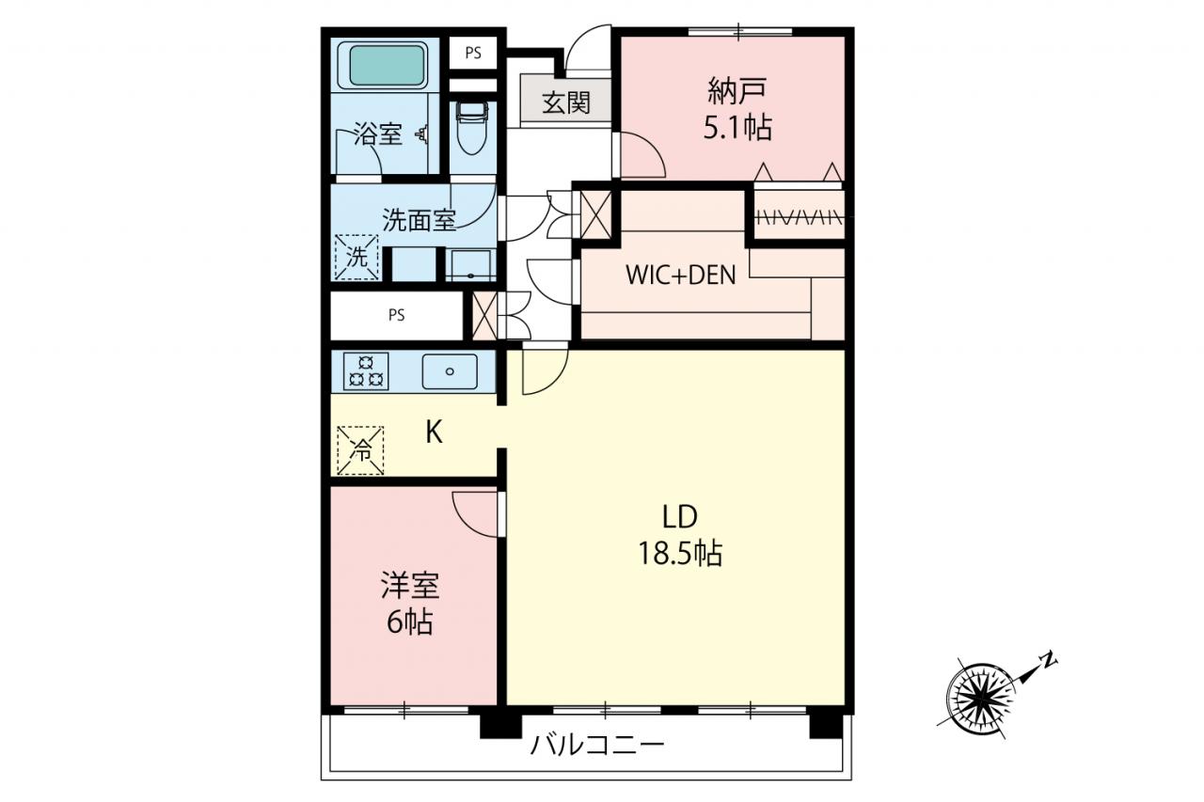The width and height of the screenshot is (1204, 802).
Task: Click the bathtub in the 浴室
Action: coord(387,66)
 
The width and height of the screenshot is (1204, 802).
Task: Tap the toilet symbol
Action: coord(472,128)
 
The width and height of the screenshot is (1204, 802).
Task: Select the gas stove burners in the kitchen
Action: coord(366,370)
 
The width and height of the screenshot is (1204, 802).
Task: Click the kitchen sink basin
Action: coord(450,371)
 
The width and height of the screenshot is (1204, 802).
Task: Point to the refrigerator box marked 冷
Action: coord(360,450)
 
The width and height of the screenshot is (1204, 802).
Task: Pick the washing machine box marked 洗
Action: coord(356,258)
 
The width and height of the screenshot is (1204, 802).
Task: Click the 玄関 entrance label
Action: coord(566,102)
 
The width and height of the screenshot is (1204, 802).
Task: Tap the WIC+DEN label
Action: coord(680,275)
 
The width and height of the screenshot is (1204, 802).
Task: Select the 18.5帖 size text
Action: coord(680,553)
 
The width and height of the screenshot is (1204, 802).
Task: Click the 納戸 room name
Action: coord(737,91)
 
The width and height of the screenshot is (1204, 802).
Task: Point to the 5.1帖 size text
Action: coord(737,128)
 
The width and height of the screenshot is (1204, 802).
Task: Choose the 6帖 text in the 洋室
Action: coord(409,622)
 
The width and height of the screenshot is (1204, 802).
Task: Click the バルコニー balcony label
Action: coord(597,745)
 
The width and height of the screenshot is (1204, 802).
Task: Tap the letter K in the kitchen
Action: coord(434,432)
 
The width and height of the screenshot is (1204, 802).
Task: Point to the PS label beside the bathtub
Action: coord(473,54)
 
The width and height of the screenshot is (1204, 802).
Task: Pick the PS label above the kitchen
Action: coord(397,315)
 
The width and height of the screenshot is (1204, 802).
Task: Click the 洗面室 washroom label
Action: coord(419,220)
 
